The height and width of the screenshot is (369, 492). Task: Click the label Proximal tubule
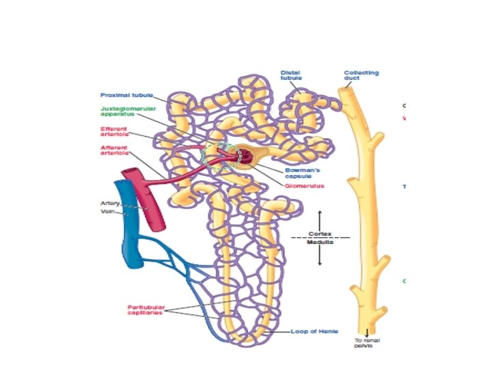click(126, 95)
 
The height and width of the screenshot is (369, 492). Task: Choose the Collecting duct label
click(361, 75)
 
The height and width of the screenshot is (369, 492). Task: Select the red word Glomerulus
click(305, 185)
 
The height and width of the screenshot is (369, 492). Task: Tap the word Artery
click(110, 203)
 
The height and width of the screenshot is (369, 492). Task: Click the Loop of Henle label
click(314, 331)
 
